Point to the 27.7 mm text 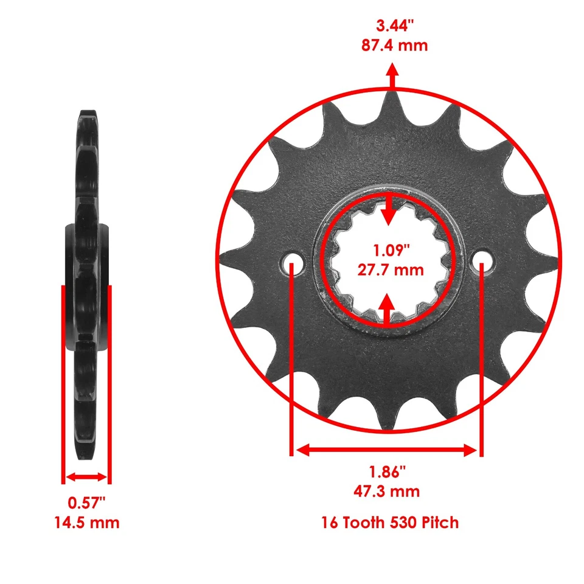click(x=390, y=269)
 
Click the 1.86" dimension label click(x=387, y=471)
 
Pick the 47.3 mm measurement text click(x=387, y=490)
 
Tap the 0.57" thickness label click(x=86, y=502)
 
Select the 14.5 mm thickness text click(x=86, y=522)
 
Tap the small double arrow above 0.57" click(x=86, y=477)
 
